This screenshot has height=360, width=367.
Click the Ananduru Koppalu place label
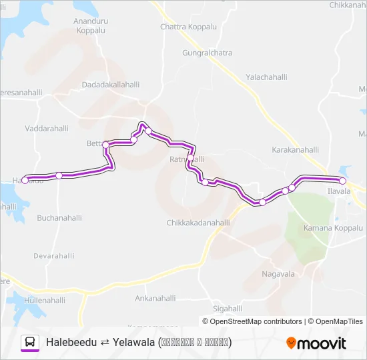[x=90, y=26]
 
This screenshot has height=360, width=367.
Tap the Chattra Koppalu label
[x=189, y=27]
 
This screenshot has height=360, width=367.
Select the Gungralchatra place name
[x=207, y=52]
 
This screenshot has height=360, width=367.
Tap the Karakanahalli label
[x=296, y=150]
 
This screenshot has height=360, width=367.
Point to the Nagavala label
[x=278, y=274]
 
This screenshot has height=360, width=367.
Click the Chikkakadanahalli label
[x=198, y=223]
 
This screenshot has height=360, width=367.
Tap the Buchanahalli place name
[x=59, y=218]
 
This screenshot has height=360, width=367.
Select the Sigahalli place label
[x=228, y=309]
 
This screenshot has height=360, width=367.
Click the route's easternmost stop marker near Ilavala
[x=342, y=181]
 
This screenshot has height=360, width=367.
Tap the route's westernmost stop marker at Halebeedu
[x=25, y=180]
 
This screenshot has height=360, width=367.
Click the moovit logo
[x=316, y=343]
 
